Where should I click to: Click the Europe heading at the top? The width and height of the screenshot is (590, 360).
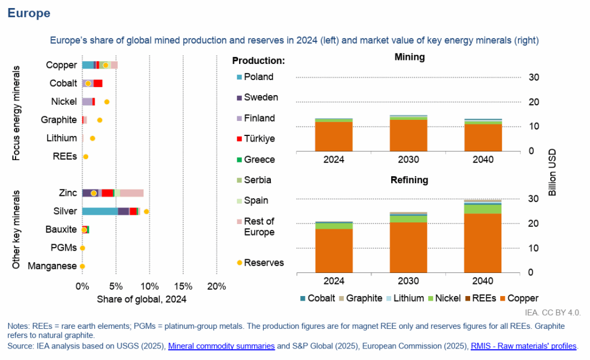[29, 13]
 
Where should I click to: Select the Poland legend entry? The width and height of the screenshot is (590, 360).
[258, 77]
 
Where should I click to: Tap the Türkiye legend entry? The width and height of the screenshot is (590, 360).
[259, 139]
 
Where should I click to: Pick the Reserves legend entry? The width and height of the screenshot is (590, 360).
[263, 263]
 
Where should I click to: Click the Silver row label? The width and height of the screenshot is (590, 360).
[65, 211]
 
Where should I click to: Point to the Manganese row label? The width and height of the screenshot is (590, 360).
[52, 266]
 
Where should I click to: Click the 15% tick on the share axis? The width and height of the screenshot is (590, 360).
[183, 286]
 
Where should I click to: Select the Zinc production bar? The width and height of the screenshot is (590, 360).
[113, 193]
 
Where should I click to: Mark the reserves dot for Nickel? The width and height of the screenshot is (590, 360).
[107, 101]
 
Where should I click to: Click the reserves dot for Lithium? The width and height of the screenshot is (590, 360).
[92, 138]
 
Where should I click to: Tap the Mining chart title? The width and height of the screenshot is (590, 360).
[410, 57]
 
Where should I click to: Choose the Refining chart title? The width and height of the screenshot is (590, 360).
[410, 180]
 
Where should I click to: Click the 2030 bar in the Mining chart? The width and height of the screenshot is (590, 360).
[409, 133]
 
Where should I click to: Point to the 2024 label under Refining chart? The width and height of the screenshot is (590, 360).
[334, 281]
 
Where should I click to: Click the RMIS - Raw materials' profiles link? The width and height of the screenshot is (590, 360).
[523, 346]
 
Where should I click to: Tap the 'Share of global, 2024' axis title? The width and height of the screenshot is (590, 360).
[142, 299]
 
